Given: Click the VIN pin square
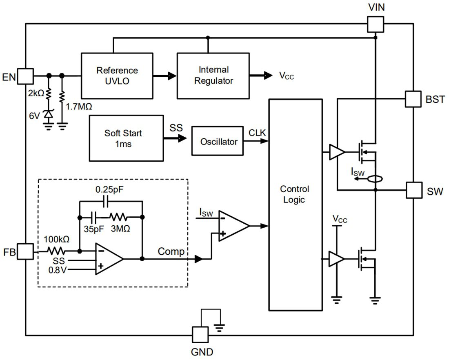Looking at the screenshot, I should tap(375, 24).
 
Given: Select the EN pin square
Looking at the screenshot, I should tap(25, 76).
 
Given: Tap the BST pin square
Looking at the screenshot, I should tap(413, 99).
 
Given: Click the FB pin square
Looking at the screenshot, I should tap(25, 251).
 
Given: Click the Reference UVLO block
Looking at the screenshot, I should tap(117, 76).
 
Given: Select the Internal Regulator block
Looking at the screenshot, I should tap(213, 76).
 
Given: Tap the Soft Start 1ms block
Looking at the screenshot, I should tap(126, 138).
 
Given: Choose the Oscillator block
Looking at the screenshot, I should tap(218, 142).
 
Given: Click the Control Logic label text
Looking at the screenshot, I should tap(294, 195).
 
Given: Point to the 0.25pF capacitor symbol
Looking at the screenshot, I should tap(106, 201).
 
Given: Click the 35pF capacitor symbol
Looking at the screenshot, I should tap(94, 216).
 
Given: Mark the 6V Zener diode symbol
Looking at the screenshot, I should tap(49, 116).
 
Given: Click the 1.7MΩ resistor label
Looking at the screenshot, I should tap(79, 107).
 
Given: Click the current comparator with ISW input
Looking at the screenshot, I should tap(233, 226).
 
